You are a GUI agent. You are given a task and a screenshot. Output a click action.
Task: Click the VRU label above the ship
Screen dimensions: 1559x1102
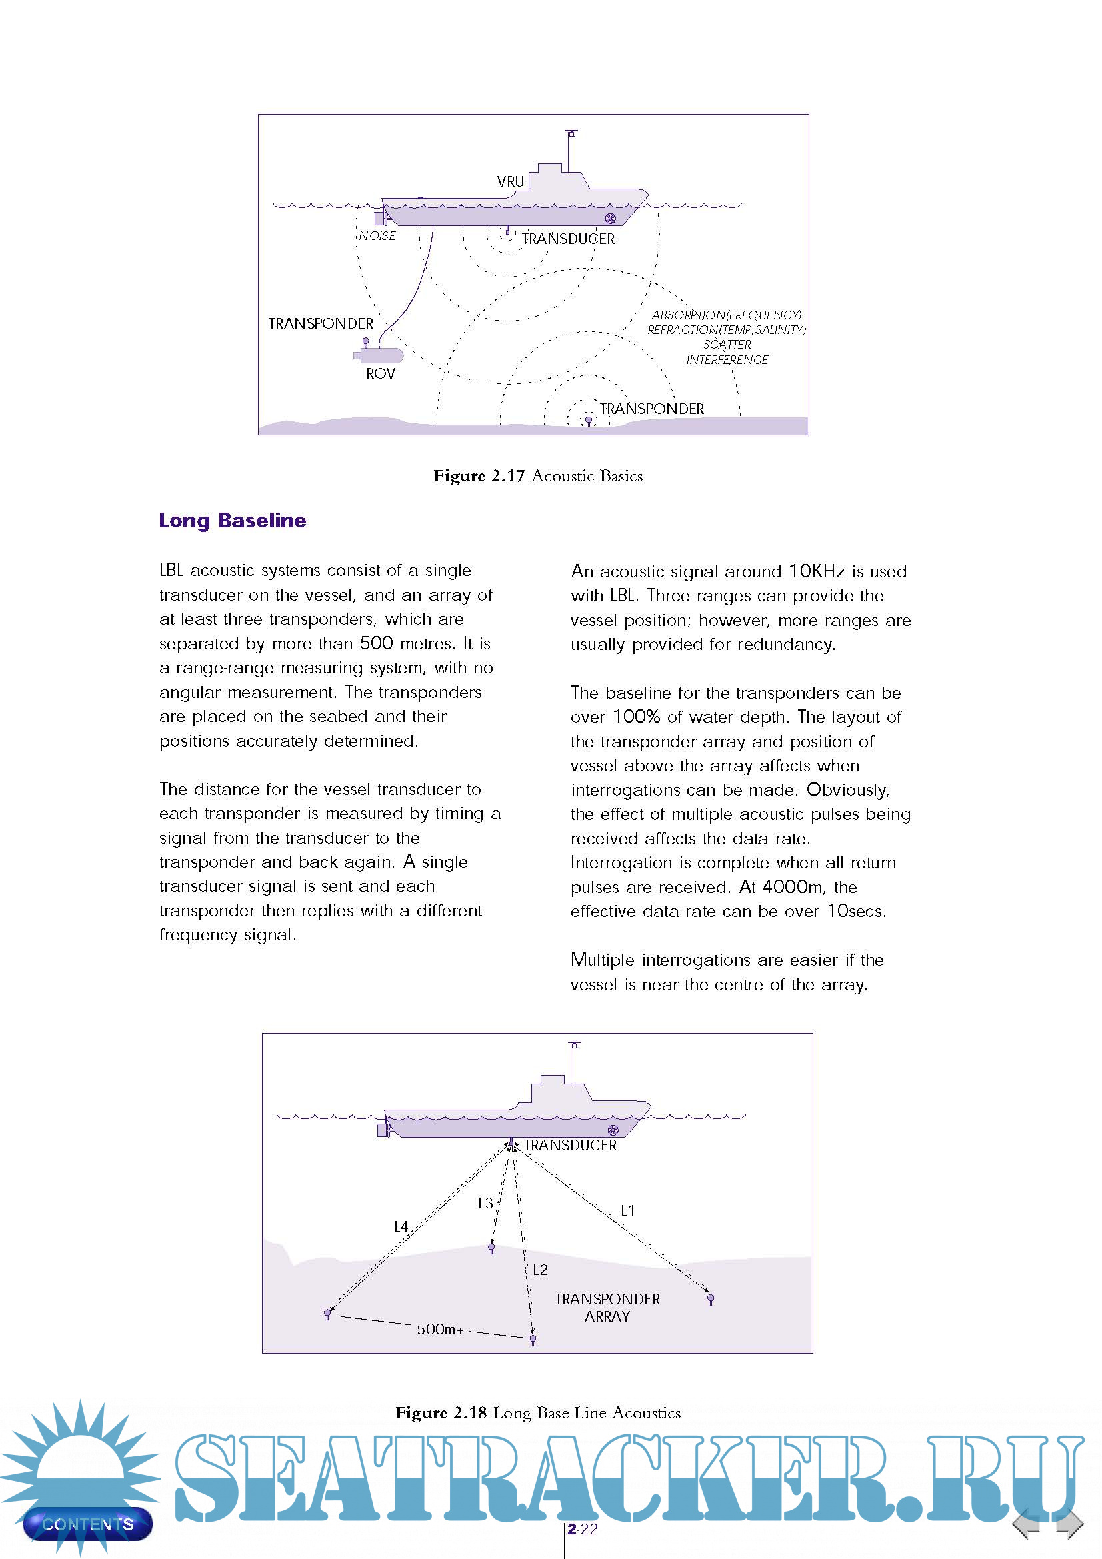[x=511, y=182]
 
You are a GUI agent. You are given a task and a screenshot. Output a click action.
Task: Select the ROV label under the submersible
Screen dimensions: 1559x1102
[x=380, y=374]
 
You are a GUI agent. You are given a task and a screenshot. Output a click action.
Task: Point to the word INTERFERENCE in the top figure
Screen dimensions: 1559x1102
[x=727, y=360]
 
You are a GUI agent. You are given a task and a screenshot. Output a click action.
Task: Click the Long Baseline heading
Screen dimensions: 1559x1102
[x=232, y=521]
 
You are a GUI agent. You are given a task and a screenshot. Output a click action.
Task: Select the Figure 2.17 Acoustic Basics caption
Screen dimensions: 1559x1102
[x=538, y=476]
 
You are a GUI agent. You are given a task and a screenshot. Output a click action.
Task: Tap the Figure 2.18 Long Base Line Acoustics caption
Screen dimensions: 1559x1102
[x=538, y=1413]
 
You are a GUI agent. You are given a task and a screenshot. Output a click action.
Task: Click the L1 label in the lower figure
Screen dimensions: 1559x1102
[x=628, y=1210]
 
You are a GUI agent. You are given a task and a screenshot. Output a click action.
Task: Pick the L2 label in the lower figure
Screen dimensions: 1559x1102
[x=540, y=1270]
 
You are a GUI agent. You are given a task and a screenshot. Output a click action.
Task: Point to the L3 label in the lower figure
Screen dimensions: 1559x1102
[x=485, y=1204]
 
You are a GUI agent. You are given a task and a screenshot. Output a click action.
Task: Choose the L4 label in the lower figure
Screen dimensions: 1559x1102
[x=401, y=1227]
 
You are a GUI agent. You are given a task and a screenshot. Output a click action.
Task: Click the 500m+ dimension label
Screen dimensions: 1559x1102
[x=440, y=1330]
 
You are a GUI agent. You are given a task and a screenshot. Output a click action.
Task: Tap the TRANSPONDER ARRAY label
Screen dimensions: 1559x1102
[x=607, y=1308]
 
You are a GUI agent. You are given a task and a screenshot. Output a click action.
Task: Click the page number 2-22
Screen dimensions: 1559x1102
[x=583, y=1529]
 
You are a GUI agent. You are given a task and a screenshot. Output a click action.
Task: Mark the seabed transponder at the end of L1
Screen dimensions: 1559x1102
[x=711, y=1298]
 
